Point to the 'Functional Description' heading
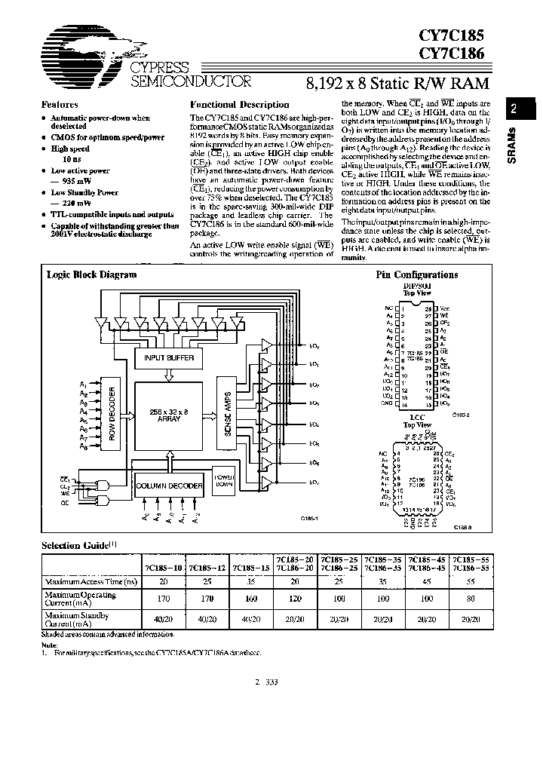pyautogui.click(x=239, y=105)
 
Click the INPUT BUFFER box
pyautogui.click(x=169, y=358)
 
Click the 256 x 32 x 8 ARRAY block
pyautogui.click(x=169, y=415)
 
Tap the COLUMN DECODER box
pyautogui.click(x=169, y=486)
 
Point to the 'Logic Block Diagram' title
pyautogui.click(x=81, y=275)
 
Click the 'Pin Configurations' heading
pyautogui.click(x=416, y=275)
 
